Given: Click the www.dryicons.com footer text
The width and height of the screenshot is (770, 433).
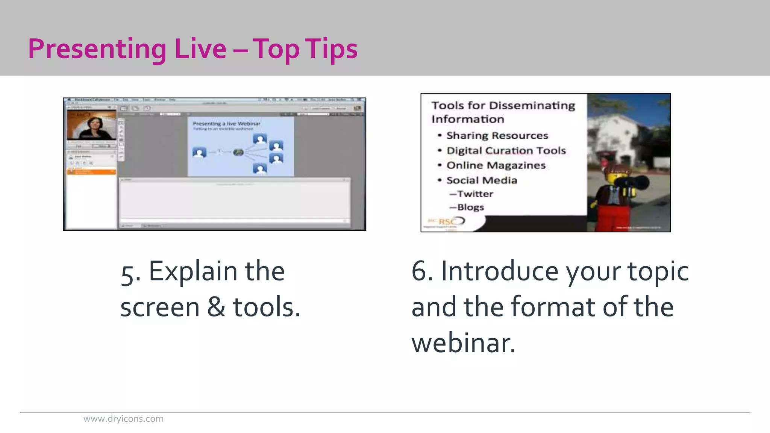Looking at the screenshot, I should pyautogui.click(x=123, y=419).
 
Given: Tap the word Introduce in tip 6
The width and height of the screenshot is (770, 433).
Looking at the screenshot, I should pyautogui.click(x=500, y=271).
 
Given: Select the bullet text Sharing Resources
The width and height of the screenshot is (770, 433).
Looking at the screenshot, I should pyautogui.click(x=497, y=135).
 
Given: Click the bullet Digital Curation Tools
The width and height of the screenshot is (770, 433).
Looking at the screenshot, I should pyautogui.click(x=506, y=150).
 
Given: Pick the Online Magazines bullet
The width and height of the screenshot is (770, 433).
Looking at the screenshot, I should pyautogui.click(x=496, y=165).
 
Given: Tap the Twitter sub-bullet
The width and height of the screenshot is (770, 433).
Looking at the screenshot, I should pyautogui.click(x=475, y=194).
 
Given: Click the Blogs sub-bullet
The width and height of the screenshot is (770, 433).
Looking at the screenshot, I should pyautogui.click(x=470, y=207).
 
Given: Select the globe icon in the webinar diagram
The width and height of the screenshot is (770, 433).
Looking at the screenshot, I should pyautogui.click(x=238, y=152).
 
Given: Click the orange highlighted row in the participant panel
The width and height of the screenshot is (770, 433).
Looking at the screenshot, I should pyautogui.click(x=91, y=172).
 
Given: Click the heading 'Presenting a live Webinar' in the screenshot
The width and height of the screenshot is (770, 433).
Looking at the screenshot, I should pyautogui.click(x=226, y=123).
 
